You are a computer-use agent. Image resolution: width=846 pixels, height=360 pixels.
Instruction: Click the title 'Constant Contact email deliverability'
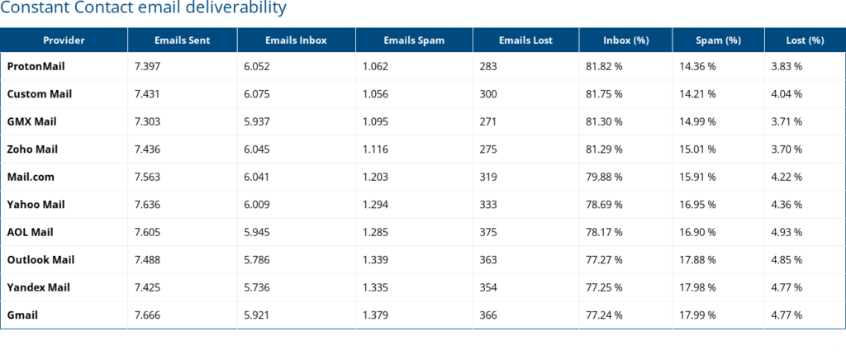click(144, 9)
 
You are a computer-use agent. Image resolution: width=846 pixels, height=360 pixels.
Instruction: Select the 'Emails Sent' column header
click(182, 40)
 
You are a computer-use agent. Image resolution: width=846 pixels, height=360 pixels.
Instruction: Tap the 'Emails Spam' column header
click(414, 40)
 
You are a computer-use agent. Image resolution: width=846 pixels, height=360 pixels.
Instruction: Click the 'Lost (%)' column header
click(805, 40)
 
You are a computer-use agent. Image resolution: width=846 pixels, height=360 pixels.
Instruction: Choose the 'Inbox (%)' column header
click(625, 40)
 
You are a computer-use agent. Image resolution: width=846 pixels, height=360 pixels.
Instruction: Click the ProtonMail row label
click(36, 66)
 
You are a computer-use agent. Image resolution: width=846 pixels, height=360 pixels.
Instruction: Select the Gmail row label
click(22, 315)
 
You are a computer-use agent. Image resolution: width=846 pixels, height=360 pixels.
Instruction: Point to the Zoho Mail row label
click(32, 149)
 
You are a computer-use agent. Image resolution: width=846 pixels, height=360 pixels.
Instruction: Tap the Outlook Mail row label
click(40, 259)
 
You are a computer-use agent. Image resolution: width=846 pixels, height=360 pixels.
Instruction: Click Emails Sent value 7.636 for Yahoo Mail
click(147, 205)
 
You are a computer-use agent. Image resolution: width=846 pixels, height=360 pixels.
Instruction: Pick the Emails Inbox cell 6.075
click(259, 94)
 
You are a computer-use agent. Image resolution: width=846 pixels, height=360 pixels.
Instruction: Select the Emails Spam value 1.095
click(376, 121)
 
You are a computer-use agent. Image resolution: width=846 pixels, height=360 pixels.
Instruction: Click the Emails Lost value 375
click(488, 232)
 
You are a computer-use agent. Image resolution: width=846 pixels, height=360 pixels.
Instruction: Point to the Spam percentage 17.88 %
click(697, 259)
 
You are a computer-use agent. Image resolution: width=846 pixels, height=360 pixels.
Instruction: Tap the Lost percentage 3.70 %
click(787, 149)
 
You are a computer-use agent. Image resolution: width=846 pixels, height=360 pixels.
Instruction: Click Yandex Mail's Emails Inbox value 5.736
click(259, 287)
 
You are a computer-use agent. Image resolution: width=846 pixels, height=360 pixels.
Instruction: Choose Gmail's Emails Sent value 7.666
click(147, 315)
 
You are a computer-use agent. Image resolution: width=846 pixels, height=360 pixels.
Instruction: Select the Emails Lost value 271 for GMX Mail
click(487, 121)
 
